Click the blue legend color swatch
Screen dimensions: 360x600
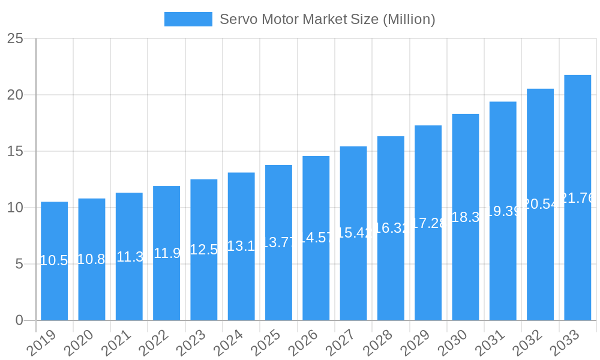pyautogui.click(x=188, y=19)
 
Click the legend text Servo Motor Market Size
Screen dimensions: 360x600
pyautogui.click(x=327, y=19)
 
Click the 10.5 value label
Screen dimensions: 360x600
pyautogui.click(x=54, y=260)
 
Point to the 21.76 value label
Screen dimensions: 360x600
pyautogui.click(x=577, y=198)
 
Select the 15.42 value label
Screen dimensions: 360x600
pyautogui.click(x=353, y=233)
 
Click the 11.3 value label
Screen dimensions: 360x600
pyautogui.click(x=129, y=257)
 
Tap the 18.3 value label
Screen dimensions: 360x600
pyautogui.click(x=466, y=217)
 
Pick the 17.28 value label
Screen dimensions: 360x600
pyautogui.click(x=428, y=223)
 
